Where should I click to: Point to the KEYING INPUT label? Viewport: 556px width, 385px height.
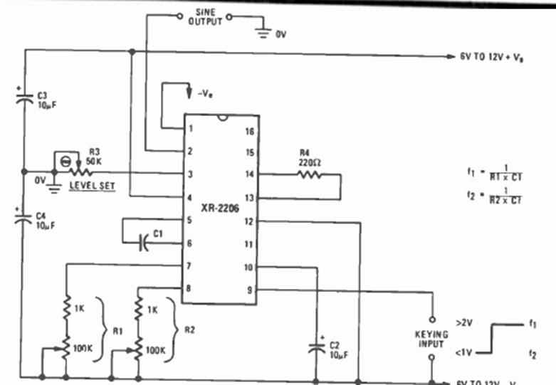(431, 339)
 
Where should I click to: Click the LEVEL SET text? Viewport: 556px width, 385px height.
(93, 186)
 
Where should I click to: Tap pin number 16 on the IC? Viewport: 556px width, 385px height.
(248, 131)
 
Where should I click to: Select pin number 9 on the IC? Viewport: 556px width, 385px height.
(249, 290)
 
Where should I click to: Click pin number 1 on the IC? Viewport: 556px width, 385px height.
(192, 130)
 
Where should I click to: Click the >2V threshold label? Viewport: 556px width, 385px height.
(463, 322)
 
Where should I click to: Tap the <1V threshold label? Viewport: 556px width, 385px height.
(463, 352)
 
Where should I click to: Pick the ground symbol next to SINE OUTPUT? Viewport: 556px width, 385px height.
(263, 31)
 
